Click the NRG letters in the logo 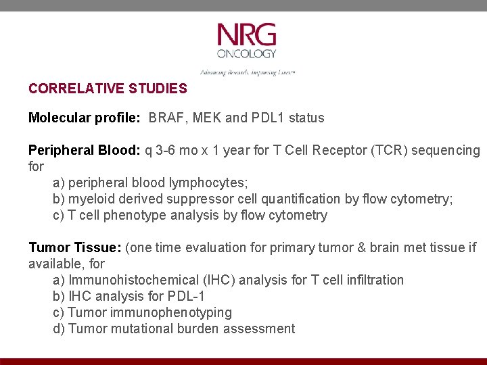[x=246, y=34]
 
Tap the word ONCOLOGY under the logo [x=246, y=53]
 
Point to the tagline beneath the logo [x=247, y=72]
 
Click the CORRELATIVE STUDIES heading [x=108, y=89]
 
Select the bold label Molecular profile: [x=84, y=118]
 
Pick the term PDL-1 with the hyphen [x=187, y=297]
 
